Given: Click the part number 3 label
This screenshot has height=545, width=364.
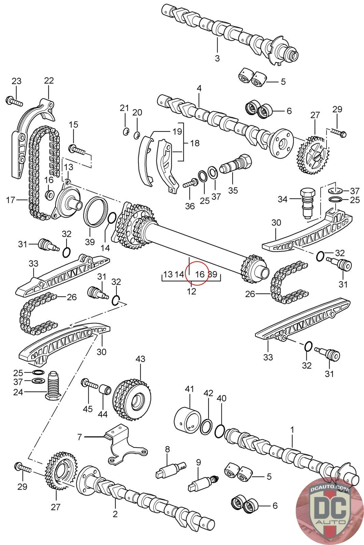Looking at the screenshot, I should pyautogui.click(x=217, y=58).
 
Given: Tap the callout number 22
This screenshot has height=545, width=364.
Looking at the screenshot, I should pyautogui.click(x=49, y=81).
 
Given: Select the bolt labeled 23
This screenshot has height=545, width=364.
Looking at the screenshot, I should pyautogui.click(x=14, y=101).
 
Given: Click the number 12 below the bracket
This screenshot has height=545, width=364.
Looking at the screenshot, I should pyautogui.click(x=191, y=292).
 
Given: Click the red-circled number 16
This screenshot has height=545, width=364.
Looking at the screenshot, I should pyautogui.click(x=200, y=275).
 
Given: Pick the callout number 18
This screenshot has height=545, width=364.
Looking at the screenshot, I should pyautogui.click(x=194, y=143).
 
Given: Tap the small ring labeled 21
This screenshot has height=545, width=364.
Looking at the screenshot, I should pyautogui.click(x=126, y=131).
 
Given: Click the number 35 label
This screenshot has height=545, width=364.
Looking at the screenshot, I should pyautogui.click(x=233, y=190).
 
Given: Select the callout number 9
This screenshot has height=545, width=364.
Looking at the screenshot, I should pyautogui.click(x=198, y=463).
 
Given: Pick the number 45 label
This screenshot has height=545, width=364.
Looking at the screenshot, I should pyautogui.click(x=88, y=408).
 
